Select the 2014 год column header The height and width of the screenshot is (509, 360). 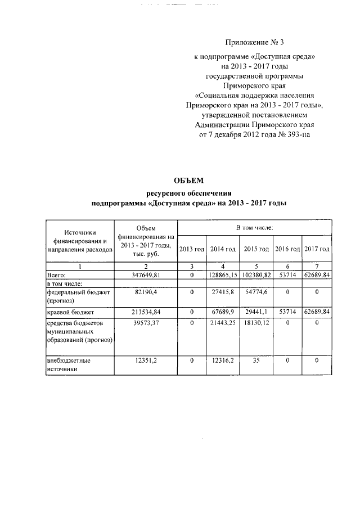(223, 249)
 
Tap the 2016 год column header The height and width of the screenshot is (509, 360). (287, 249)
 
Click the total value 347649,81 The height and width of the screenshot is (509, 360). (146, 275)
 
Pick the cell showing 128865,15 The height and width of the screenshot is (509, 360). (223, 275)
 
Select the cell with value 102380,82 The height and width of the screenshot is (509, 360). (256, 275)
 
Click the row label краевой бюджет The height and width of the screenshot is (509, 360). (70, 312)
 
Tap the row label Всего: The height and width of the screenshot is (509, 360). (57, 275)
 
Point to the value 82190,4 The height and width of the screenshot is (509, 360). (146, 292)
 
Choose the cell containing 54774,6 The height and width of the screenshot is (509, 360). (256, 292)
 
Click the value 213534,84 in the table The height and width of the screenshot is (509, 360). (146, 312)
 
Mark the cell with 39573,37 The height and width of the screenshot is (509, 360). (146, 323)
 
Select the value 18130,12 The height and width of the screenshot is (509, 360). (256, 323)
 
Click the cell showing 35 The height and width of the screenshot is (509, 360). (256, 360)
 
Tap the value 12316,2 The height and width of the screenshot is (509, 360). (223, 360)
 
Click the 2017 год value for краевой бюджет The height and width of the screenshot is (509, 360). (317, 312)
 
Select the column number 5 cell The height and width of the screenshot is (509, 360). (256, 266)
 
